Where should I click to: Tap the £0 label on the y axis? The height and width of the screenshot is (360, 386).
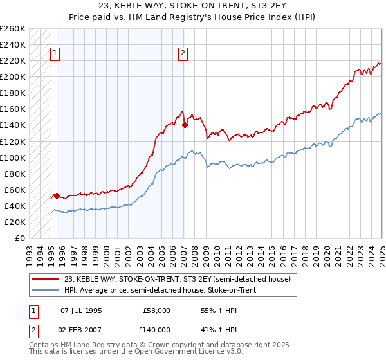(x=20, y=238)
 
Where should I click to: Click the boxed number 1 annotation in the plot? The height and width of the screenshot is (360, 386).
(x=55, y=53)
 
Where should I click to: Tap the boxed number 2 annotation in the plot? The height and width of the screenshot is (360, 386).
(x=183, y=53)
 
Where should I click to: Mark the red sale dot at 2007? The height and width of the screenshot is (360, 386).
(x=185, y=125)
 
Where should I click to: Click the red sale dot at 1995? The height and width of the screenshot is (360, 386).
(x=57, y=195)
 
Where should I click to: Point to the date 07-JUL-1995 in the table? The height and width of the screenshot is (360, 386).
(x=81, y=310)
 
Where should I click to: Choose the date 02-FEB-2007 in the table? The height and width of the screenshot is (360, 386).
(x=81, y=330)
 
